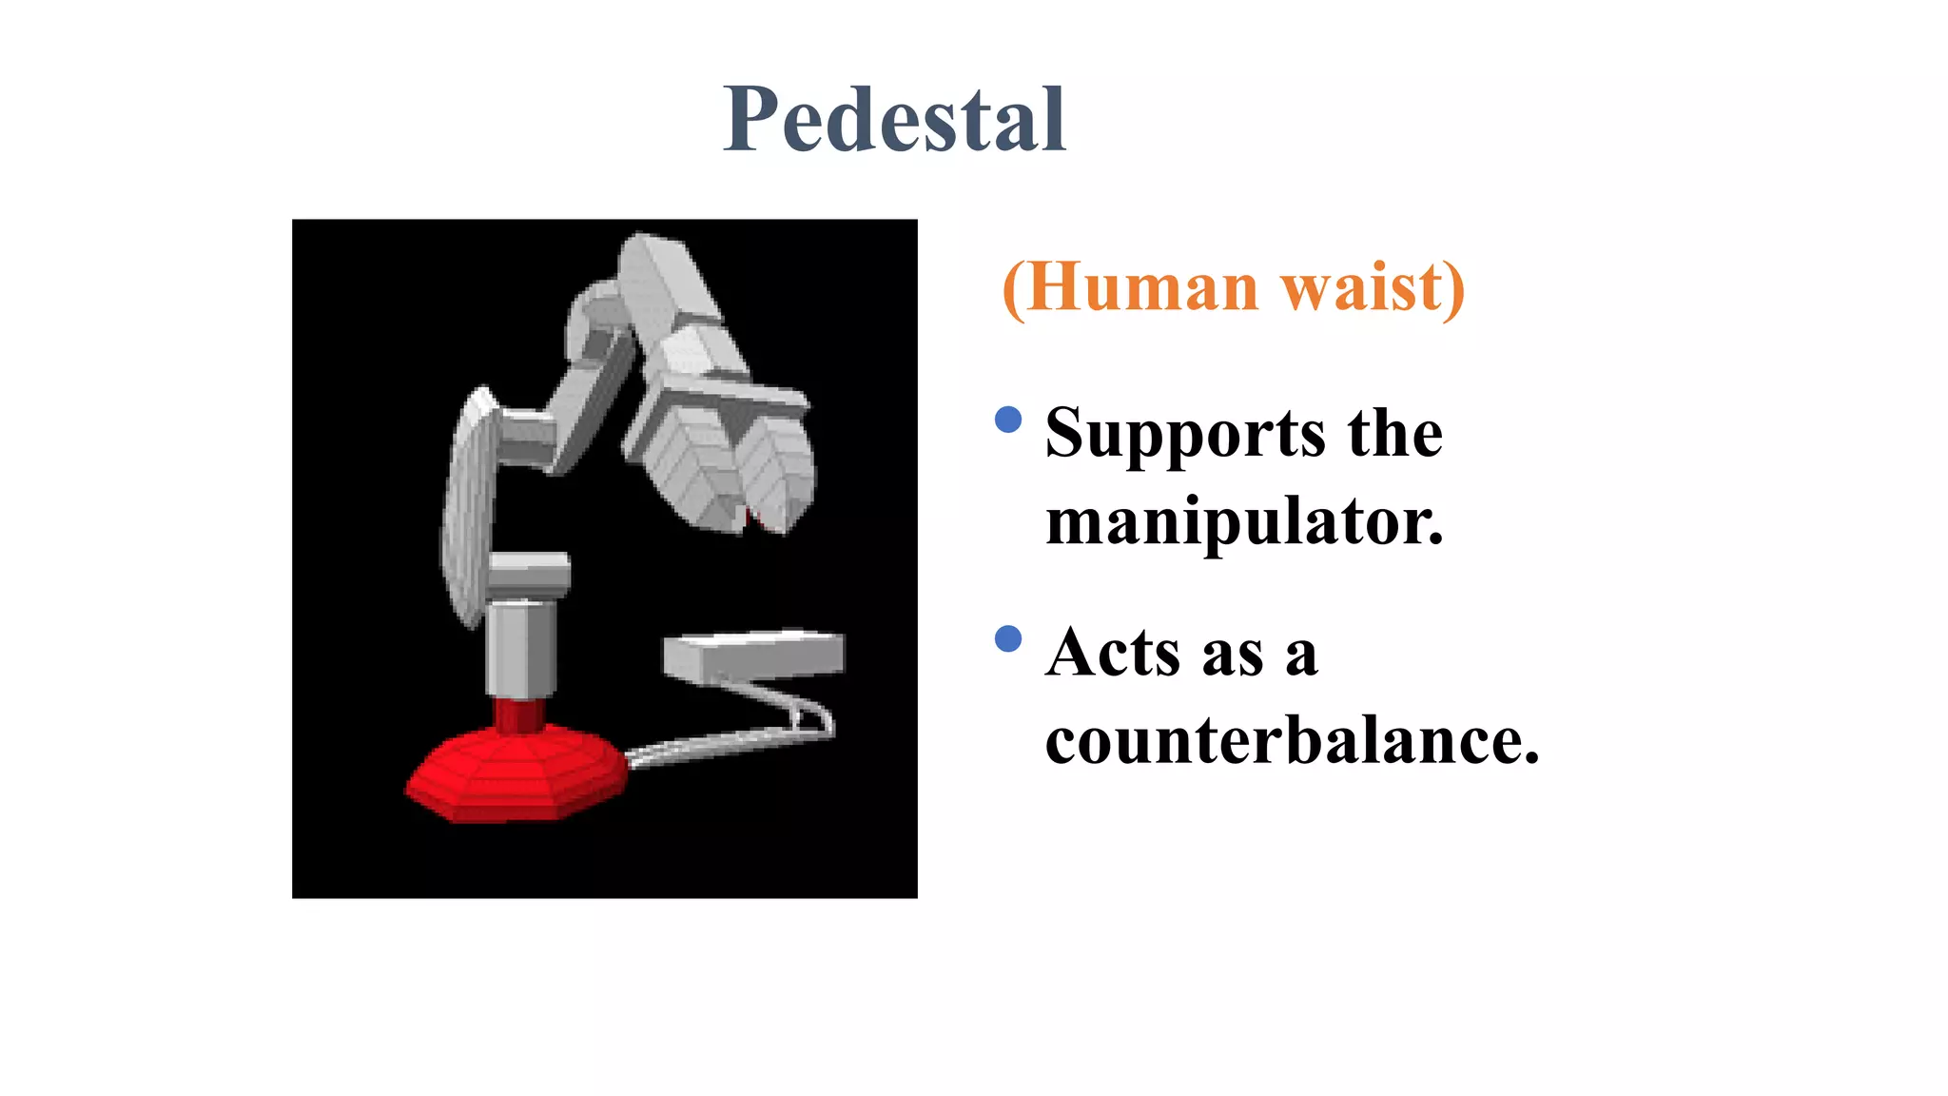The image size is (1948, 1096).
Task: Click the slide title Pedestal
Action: pos(894,120)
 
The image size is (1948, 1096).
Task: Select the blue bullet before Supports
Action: pos(1007,420)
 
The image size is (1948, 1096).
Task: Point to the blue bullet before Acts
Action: pos(1007,638)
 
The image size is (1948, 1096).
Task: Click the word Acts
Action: pos(1113,653)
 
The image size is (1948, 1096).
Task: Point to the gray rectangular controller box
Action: pos(753,655)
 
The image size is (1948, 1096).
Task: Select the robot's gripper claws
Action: pos(732,466)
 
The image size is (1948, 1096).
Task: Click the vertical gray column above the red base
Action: pos(520,647)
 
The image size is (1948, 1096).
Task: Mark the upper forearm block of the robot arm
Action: pos(666,285)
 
